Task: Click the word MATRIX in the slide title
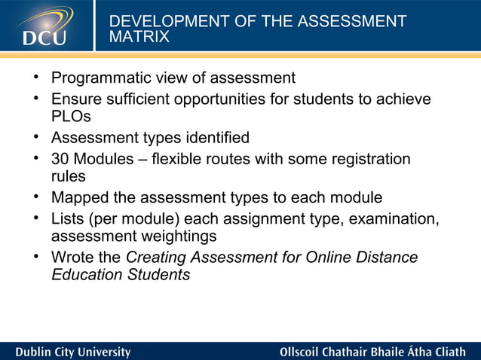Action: pos(140,37)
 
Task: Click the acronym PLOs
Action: pos(71,117)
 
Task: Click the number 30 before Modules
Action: pos(60,160)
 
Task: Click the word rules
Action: pos(69,176)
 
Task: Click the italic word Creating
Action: pos(156,258)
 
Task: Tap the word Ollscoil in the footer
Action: pos(303,352)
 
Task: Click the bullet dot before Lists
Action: pos(35,219)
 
